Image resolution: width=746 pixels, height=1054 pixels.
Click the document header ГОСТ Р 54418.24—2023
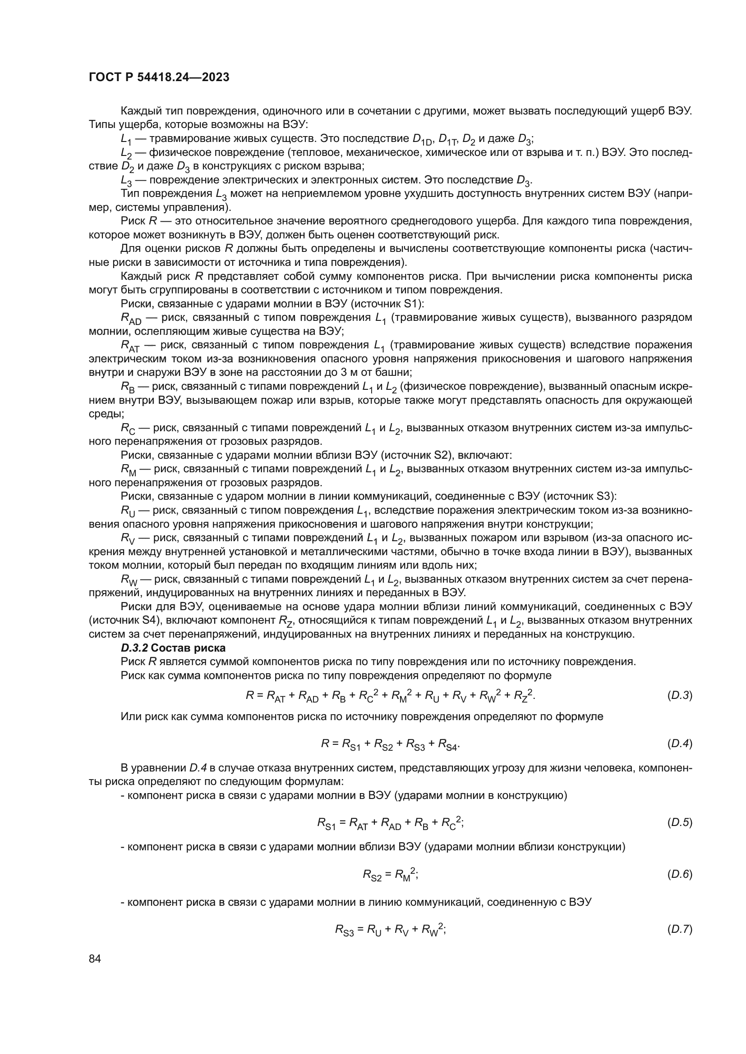(159, 78)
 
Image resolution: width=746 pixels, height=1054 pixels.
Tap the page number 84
(95, 958)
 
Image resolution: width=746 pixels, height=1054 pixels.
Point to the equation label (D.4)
(679, 744)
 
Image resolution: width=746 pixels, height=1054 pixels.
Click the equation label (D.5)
(679, 822)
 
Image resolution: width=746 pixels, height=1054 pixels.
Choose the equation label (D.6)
(679, 874)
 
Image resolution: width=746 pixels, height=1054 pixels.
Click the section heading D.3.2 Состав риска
(173, 648)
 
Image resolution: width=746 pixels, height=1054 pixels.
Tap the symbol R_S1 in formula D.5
(327, 824)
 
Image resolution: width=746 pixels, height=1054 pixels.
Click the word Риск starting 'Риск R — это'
(133, 221)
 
